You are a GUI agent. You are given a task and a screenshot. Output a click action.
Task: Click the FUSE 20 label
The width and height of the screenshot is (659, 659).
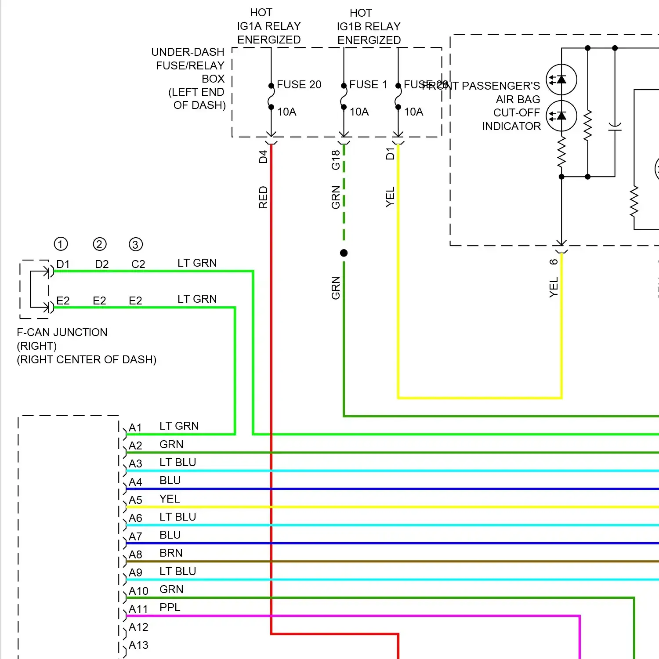pyautogui.click(x=299, y=84)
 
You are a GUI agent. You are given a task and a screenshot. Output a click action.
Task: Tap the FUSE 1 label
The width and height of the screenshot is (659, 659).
pyautogui.click(x=368, y=84)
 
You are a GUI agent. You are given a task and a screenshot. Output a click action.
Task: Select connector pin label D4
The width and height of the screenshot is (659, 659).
pyautogui.click(x=263, y=157)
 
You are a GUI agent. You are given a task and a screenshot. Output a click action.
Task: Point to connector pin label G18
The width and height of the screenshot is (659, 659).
pyautogui.click(x=336, y=160)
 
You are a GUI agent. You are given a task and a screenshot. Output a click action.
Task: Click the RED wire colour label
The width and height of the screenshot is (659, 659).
pyautogui.click(x=263, y=197)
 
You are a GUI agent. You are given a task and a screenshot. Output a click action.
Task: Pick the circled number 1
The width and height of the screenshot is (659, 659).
pyautogui.click(x=61, y=244)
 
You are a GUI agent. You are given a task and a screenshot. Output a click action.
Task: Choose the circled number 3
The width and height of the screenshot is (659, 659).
pyautogui.click(x=136, y=244)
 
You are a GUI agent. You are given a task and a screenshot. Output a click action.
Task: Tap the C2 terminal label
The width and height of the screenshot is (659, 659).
pyautogui.click(x=138, y=264)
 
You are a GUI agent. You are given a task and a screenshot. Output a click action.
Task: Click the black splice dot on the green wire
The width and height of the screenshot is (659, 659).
pyautogui.click(x=344, y=253)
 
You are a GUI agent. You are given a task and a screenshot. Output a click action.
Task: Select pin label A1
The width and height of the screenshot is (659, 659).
pyautogui.click(x=135, y=428)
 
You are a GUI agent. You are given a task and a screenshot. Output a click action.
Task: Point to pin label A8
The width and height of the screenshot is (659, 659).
pyautogui.click(x=135, y=555)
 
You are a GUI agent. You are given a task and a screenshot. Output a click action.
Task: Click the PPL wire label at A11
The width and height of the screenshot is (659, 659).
pyautogui.click(x=170, y=607)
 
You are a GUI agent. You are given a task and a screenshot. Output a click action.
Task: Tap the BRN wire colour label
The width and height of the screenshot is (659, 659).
pyautogui.click(x=171, y=553)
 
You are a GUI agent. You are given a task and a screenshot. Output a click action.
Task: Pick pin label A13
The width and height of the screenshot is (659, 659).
pyautogui.click(x=138, y=645)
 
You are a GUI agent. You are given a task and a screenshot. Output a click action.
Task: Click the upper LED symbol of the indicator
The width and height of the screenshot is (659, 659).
pyautogui.click(x=561, y=80)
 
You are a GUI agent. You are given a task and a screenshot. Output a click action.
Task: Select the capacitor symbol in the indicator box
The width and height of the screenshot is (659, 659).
pyautogui.click(x=615, y=127)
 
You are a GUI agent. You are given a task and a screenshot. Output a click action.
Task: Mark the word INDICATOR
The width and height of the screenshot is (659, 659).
pyautogui.click(x=511, y=127)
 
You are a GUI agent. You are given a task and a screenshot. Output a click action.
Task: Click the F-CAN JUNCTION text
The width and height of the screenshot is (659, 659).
pyautogui.click(x=62, y=332)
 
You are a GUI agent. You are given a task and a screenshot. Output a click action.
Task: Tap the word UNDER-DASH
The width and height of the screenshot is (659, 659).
pyautogui.click(x=188, y=52)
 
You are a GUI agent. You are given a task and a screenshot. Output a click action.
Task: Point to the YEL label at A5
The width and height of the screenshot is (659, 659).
pyautogui.click(x=170, y=499)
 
